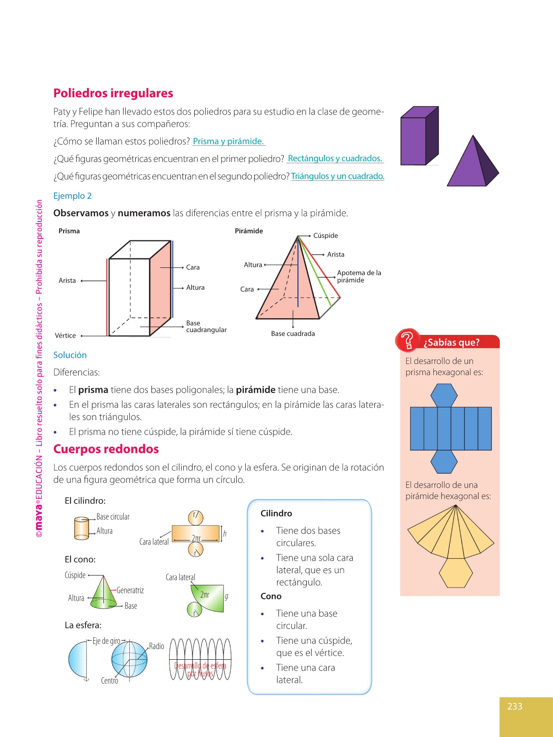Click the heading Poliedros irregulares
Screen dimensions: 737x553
(113, 93)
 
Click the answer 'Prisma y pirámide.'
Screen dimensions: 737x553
(228, 141)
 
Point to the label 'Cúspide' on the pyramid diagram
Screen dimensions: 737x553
(325, 235)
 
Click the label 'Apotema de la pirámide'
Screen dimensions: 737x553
(359, 276)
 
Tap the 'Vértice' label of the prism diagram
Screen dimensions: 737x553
(66, 336)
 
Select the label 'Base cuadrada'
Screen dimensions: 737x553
(293, 334)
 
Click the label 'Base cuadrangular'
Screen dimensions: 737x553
(206, 326)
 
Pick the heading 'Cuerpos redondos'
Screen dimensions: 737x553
(106, 449)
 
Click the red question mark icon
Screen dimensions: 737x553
(408, 340)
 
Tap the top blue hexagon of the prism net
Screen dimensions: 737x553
(444, 395)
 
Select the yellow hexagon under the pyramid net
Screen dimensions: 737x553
(456, 573)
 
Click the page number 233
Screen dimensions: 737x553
(514, 706)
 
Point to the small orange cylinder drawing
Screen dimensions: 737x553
(82, 528)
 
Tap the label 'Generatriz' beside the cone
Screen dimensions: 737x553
(130, 590)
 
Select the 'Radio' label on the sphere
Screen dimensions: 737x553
(156, 646)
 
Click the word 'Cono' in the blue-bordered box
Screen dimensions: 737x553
(271, 596)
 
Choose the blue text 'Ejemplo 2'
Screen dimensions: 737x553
(73, 196)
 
